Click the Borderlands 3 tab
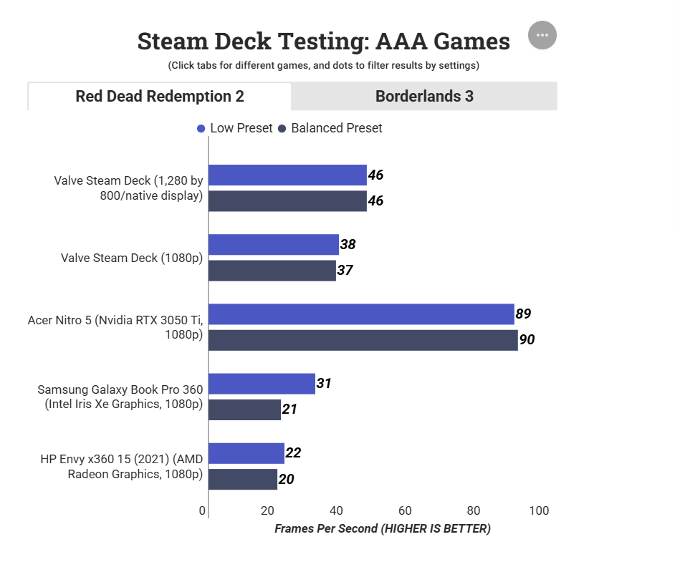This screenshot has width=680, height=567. coord(424,96)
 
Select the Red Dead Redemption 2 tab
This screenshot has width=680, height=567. coord(160,96)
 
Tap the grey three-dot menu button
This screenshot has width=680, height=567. coord(542,35)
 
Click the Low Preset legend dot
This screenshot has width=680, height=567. coord(201,129)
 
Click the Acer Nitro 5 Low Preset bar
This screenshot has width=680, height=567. coord(361,314)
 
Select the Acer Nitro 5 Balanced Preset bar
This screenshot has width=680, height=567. coord(363,340)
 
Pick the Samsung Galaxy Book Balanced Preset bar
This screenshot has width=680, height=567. coord(244,409)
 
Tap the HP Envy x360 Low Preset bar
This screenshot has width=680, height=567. coord(246,453)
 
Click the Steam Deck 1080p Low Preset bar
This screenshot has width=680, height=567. coord(273,245)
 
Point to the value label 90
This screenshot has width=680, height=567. coord(527,340)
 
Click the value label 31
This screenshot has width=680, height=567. coord(324,384)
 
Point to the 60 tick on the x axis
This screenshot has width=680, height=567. coord(405,510)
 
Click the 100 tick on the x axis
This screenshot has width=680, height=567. coord(539,510)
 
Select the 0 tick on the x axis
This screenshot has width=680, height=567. coord(203,510)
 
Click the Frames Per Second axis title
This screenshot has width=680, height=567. coord(383,529)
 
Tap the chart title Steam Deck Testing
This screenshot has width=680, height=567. coord(323,42)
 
